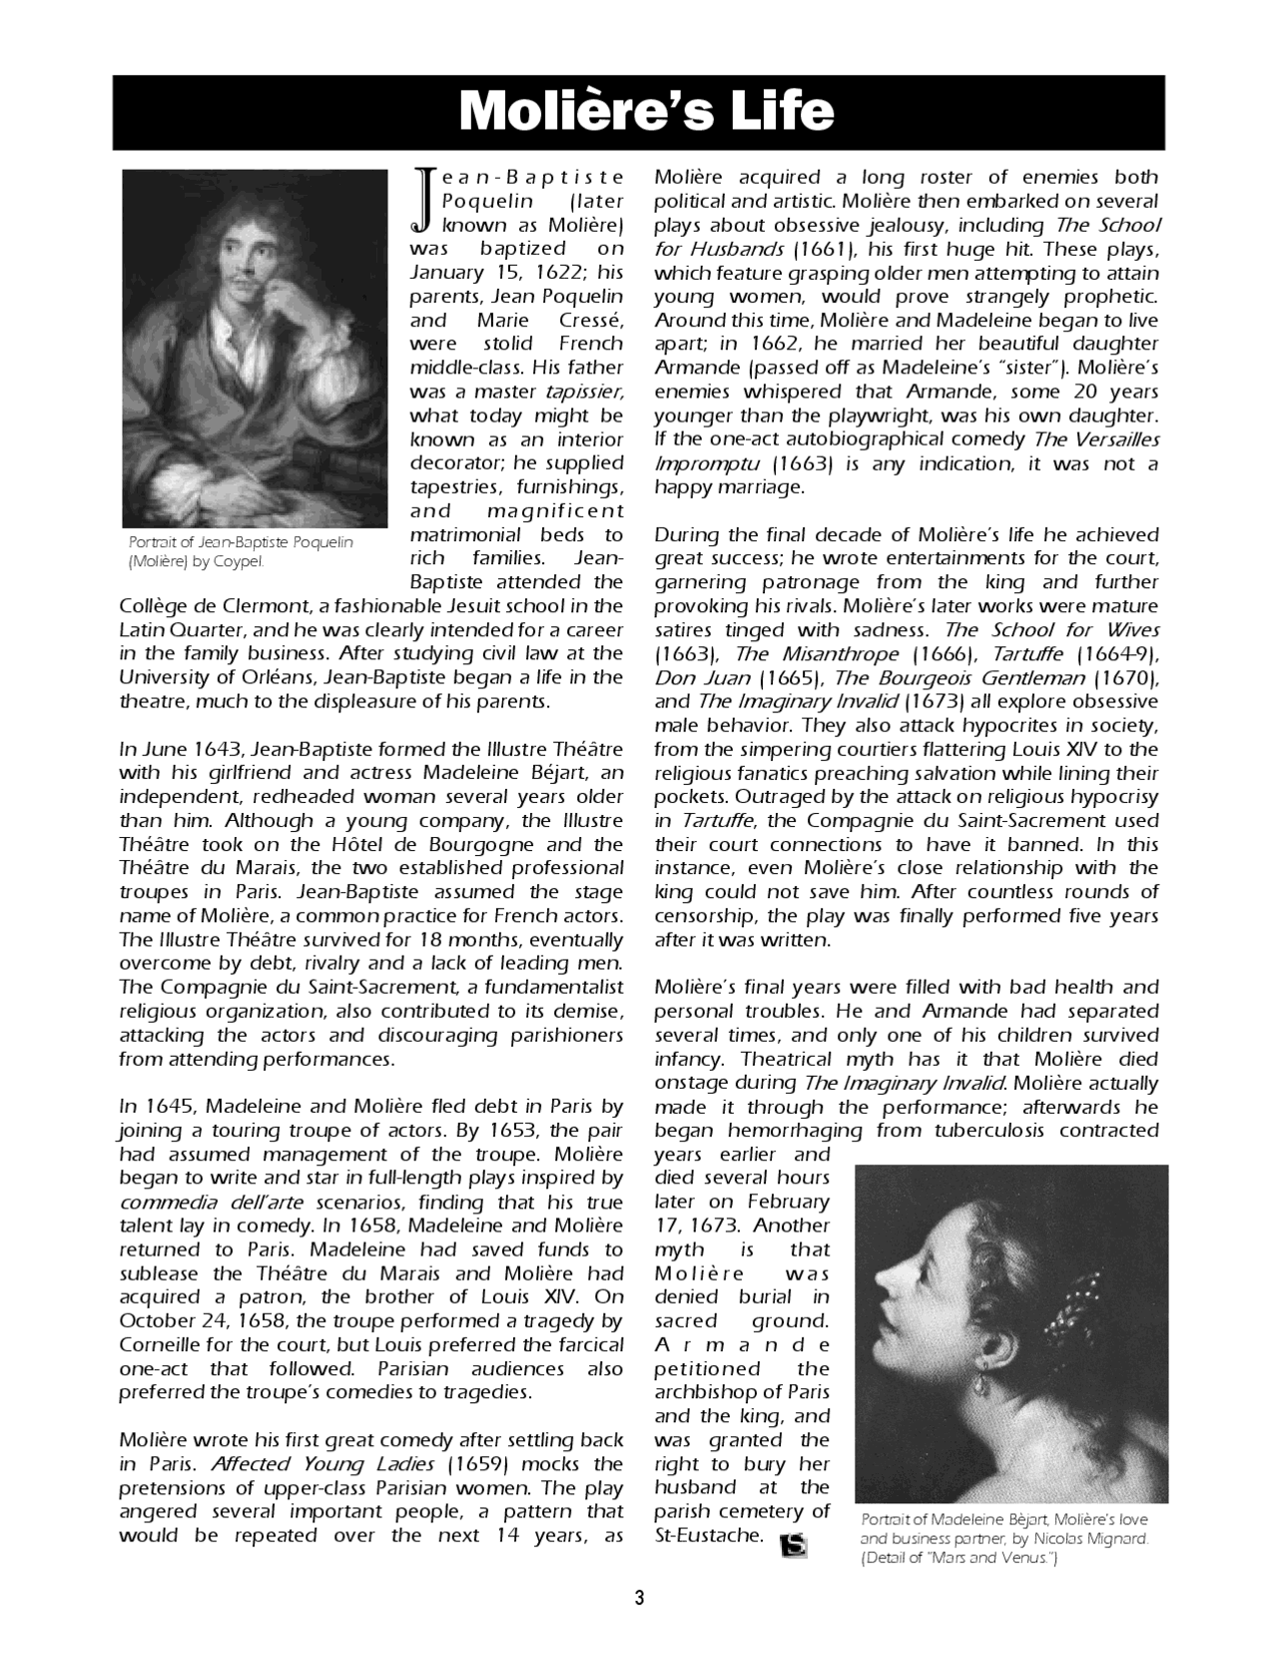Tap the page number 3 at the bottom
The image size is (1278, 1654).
point(639,1597)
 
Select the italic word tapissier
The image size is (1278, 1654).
point(584,392)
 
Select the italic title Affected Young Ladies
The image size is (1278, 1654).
point(322,1464)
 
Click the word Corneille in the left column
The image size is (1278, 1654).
point(160,1345)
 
